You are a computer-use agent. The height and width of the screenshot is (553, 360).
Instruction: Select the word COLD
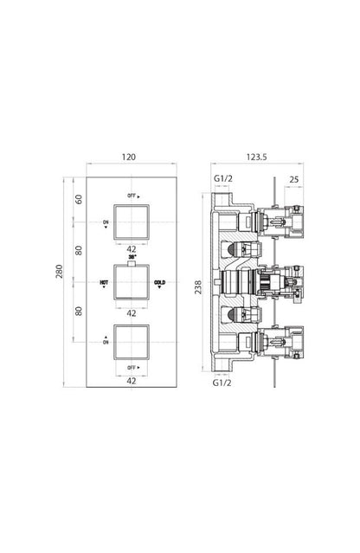160,283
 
